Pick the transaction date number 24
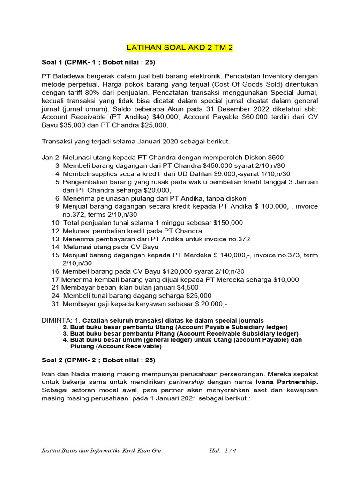tap(55, 296)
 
